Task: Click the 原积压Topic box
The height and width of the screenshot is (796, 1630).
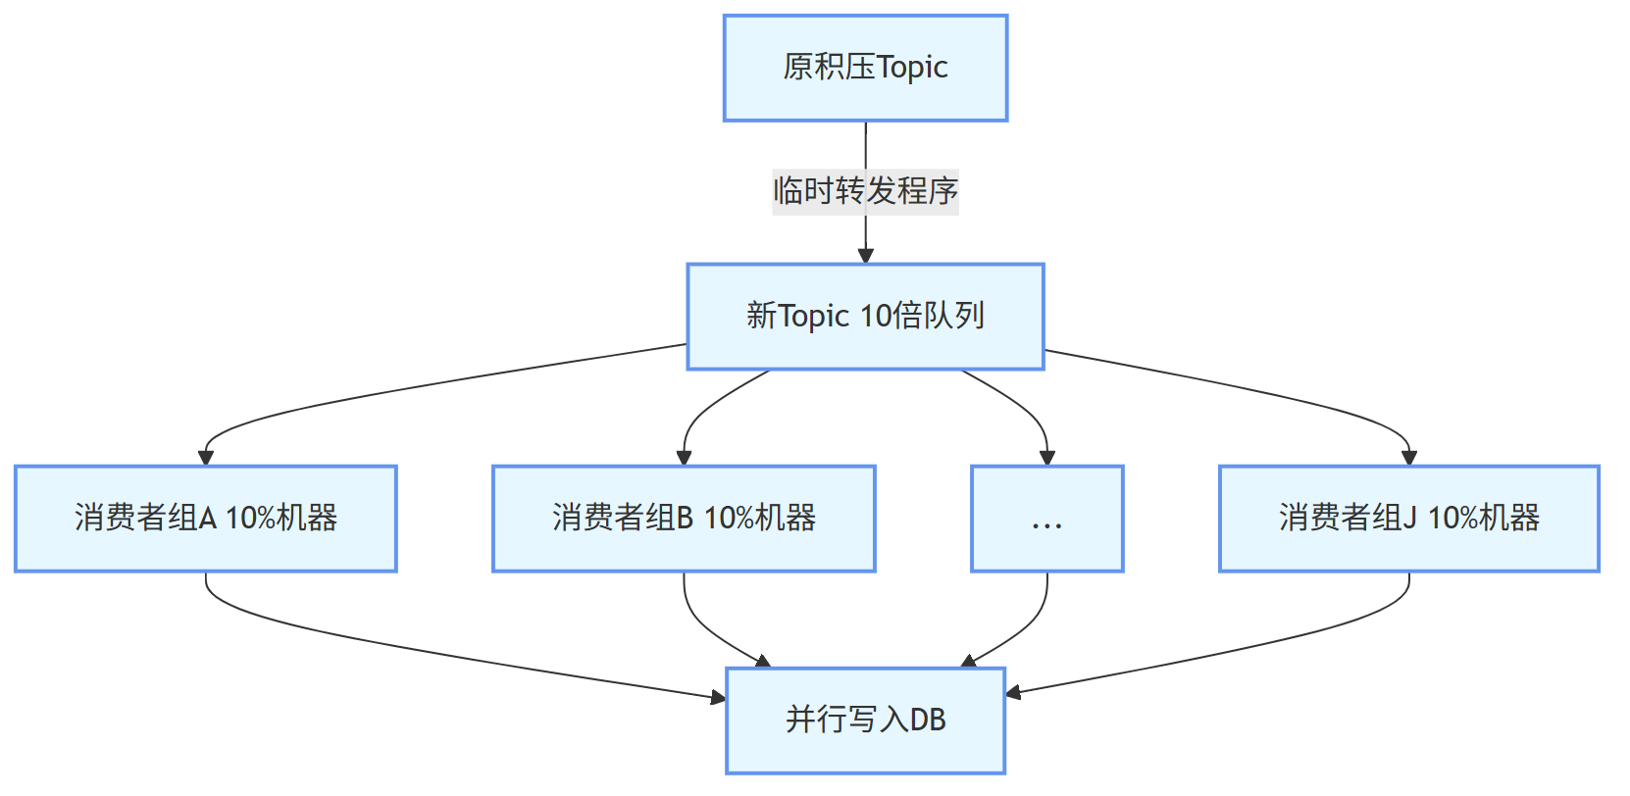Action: pyautogui.click(x=865, y=68)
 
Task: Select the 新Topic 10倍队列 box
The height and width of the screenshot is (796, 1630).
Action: pyautogui.click(x=865, y=316)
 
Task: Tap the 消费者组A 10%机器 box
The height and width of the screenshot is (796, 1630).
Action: pyautogui.click(x=205, y=518)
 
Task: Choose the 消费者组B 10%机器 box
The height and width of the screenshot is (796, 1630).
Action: pyautogui.click(x=684, y=518)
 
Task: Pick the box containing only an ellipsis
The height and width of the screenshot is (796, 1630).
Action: pyautogui.click(x=1046, y=518)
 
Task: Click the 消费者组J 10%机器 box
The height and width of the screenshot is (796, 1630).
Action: pyautogui.click(x=1408, y=518)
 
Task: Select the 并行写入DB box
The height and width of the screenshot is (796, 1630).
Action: pyautogui.click(x=865, y=720)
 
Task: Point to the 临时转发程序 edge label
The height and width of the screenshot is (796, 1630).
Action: pyautogui.click(x=865, y=190)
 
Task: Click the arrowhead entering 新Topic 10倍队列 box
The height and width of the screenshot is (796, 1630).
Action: pyautogui.click(x=865, y=255)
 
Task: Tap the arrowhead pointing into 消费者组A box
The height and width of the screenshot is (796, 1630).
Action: pyautogui.click(x=205, y=457)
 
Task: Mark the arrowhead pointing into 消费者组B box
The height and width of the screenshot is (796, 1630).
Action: pyautogui.click(x=684, y=457)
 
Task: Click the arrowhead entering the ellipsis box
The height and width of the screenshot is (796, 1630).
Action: pyautogui.click(x=1046, y=457)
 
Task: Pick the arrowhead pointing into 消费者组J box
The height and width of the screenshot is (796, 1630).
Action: pyautogui.click(x=1408, y=457)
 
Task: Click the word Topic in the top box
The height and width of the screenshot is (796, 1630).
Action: pyautogui.click(x=912, y=68)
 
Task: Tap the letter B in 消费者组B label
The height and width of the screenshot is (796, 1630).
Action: pyautogui.click(x=685, y=518)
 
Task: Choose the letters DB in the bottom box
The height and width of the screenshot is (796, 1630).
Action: pyautogui.click(x=927, y=720)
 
